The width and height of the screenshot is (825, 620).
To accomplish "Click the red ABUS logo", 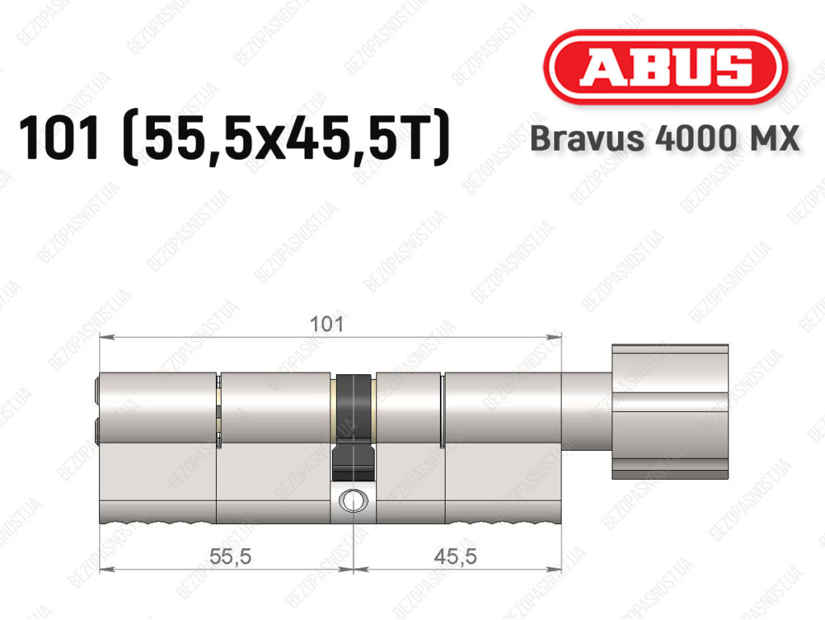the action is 665,67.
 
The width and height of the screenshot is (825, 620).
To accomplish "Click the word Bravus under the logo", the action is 587,139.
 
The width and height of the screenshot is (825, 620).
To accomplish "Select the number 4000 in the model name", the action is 693,139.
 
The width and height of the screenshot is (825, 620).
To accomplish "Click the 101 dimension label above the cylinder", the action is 326,324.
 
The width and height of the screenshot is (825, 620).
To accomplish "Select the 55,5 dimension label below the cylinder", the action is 230,556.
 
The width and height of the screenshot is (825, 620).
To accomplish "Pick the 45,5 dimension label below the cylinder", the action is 456,556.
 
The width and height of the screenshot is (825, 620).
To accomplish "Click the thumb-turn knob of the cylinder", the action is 670,411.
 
